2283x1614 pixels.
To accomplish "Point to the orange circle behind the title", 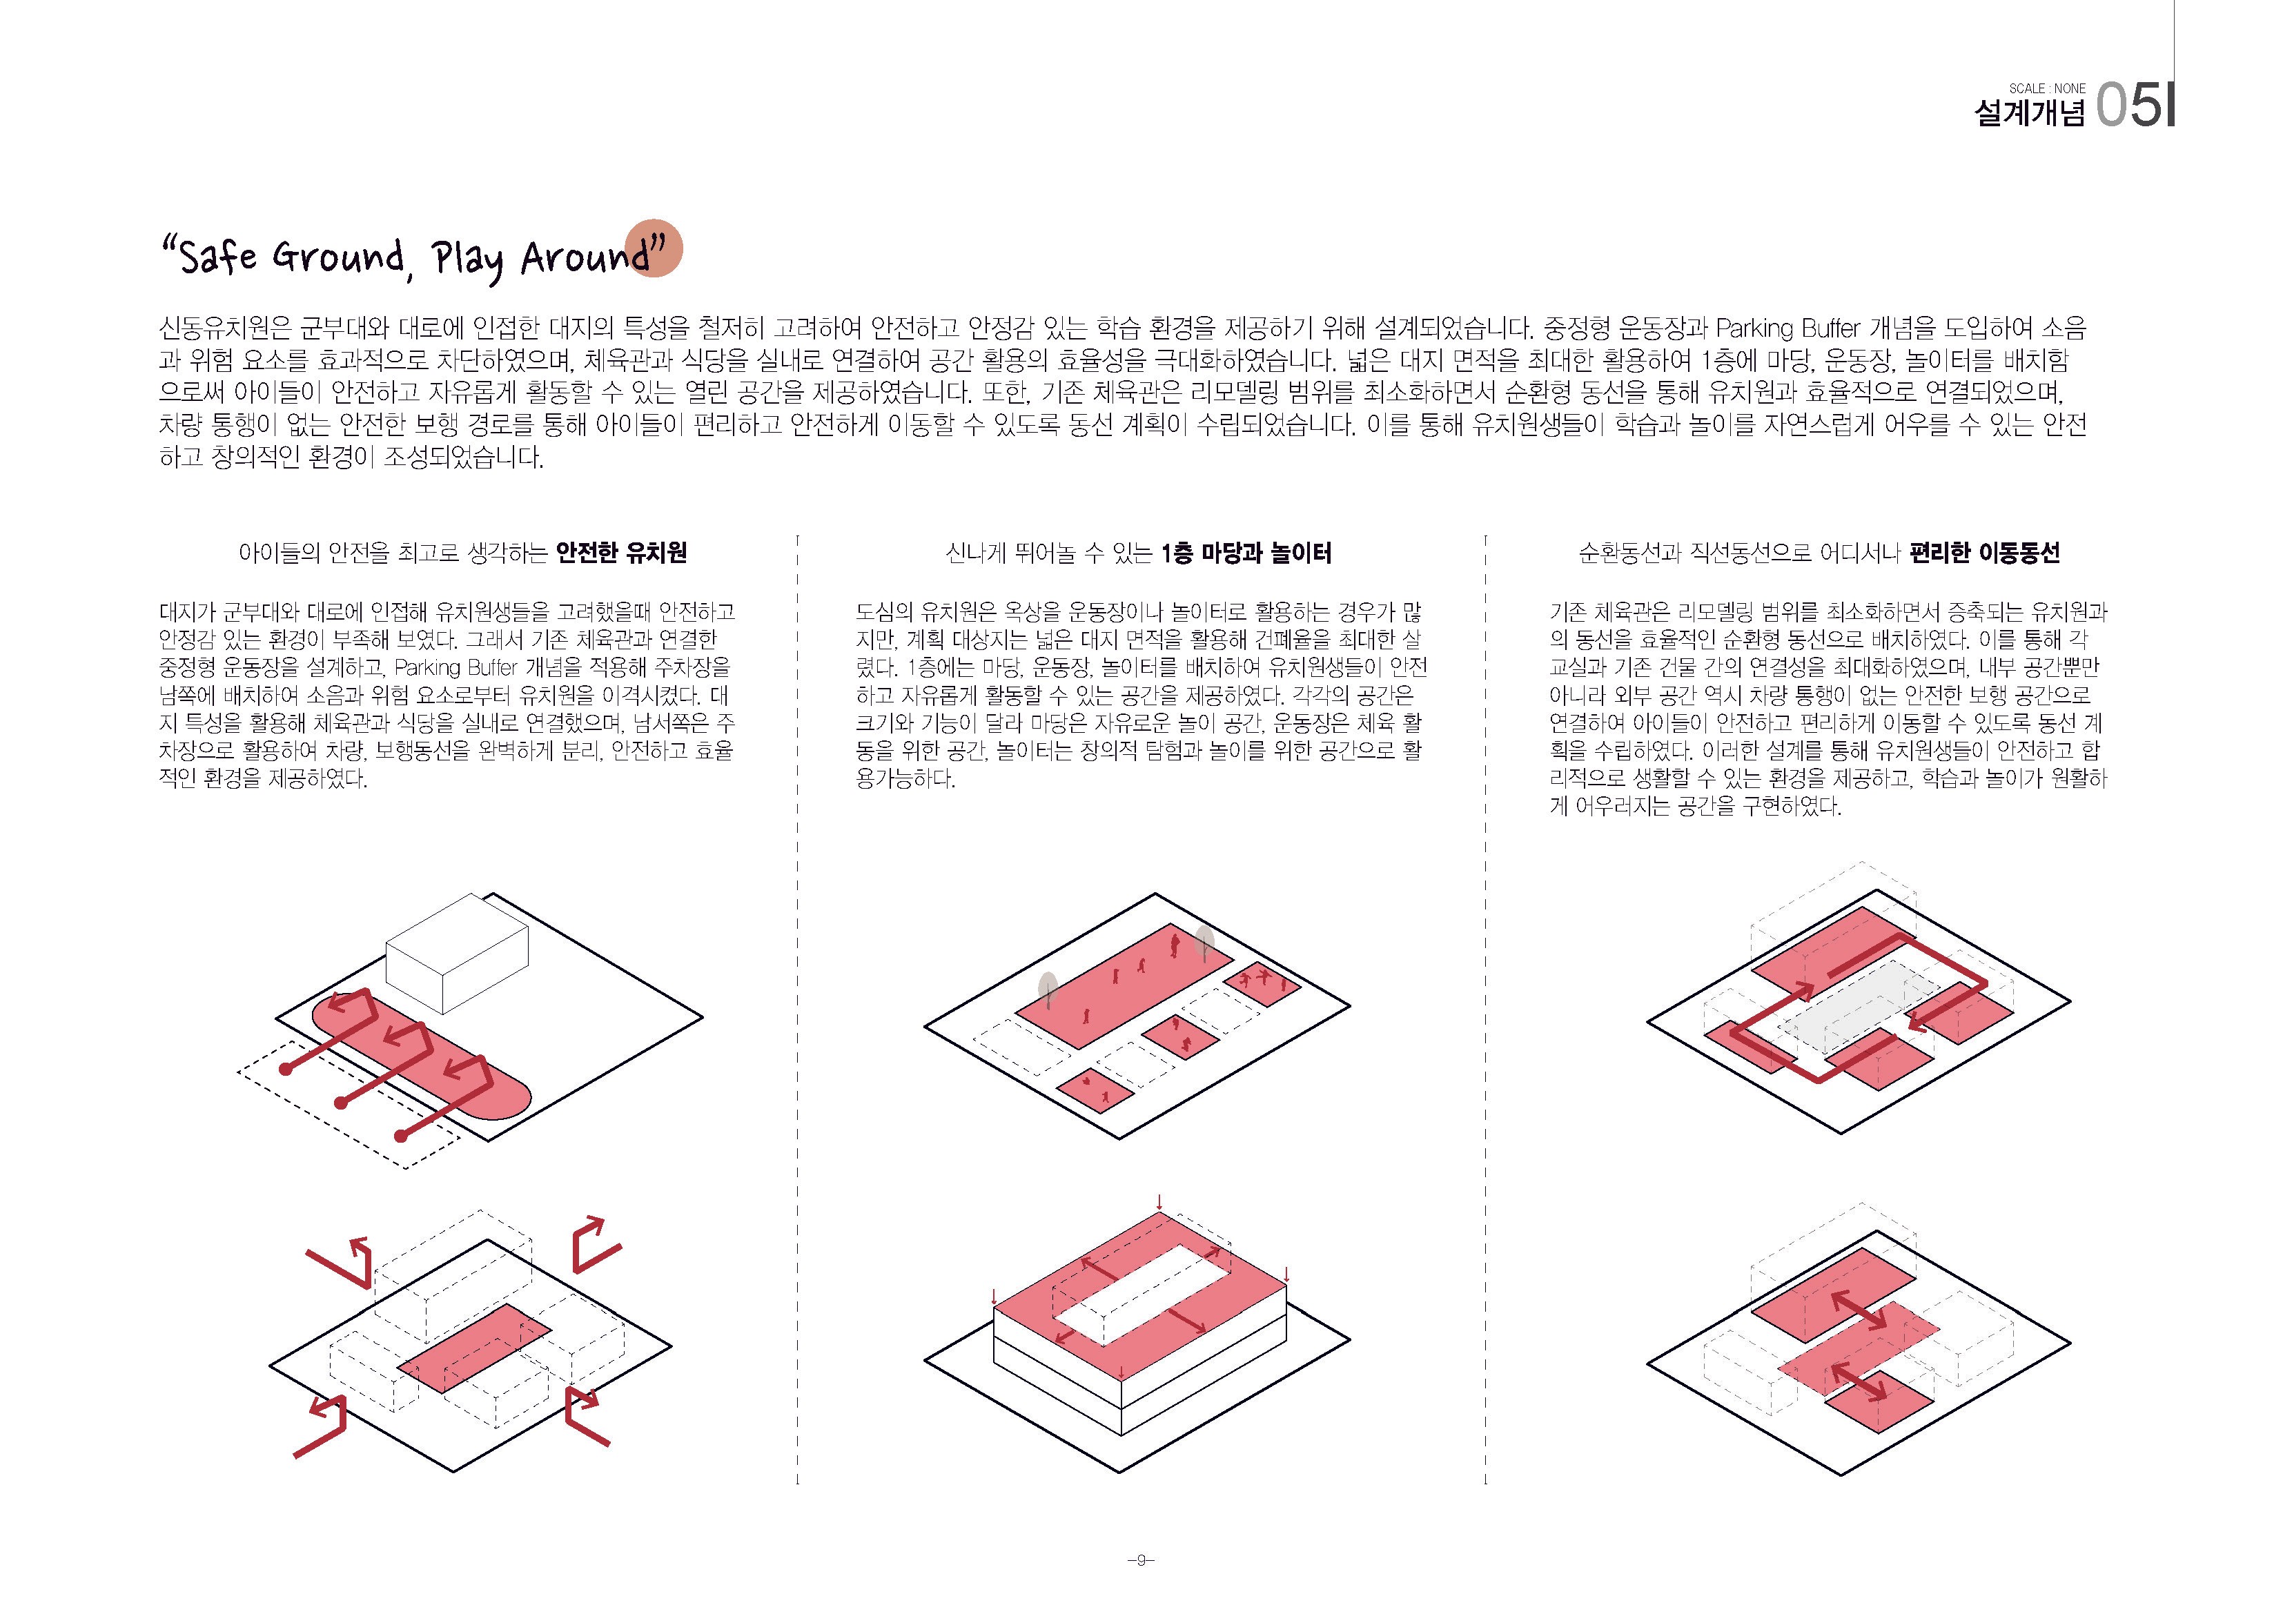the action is pos(654,246).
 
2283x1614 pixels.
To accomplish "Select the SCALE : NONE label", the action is pos(2048,88).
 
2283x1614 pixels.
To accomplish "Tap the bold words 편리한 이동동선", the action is pos(1985,553).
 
